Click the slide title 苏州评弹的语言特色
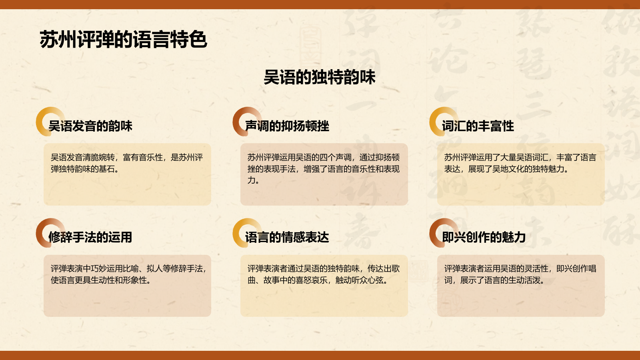(x=123, y=40)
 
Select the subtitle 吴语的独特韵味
(x=320, y=77)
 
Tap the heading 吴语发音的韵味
(x=90, y=126)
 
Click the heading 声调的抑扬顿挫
(x=287, y=126)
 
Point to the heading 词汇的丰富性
(x=478, y=126)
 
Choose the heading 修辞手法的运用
(x=90, y=237)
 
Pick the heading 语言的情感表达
(x=287, y=237)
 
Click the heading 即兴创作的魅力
(x=484, y=237)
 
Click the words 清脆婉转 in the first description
(x=99, y=158)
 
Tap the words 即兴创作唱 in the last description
(x=576, y=269)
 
